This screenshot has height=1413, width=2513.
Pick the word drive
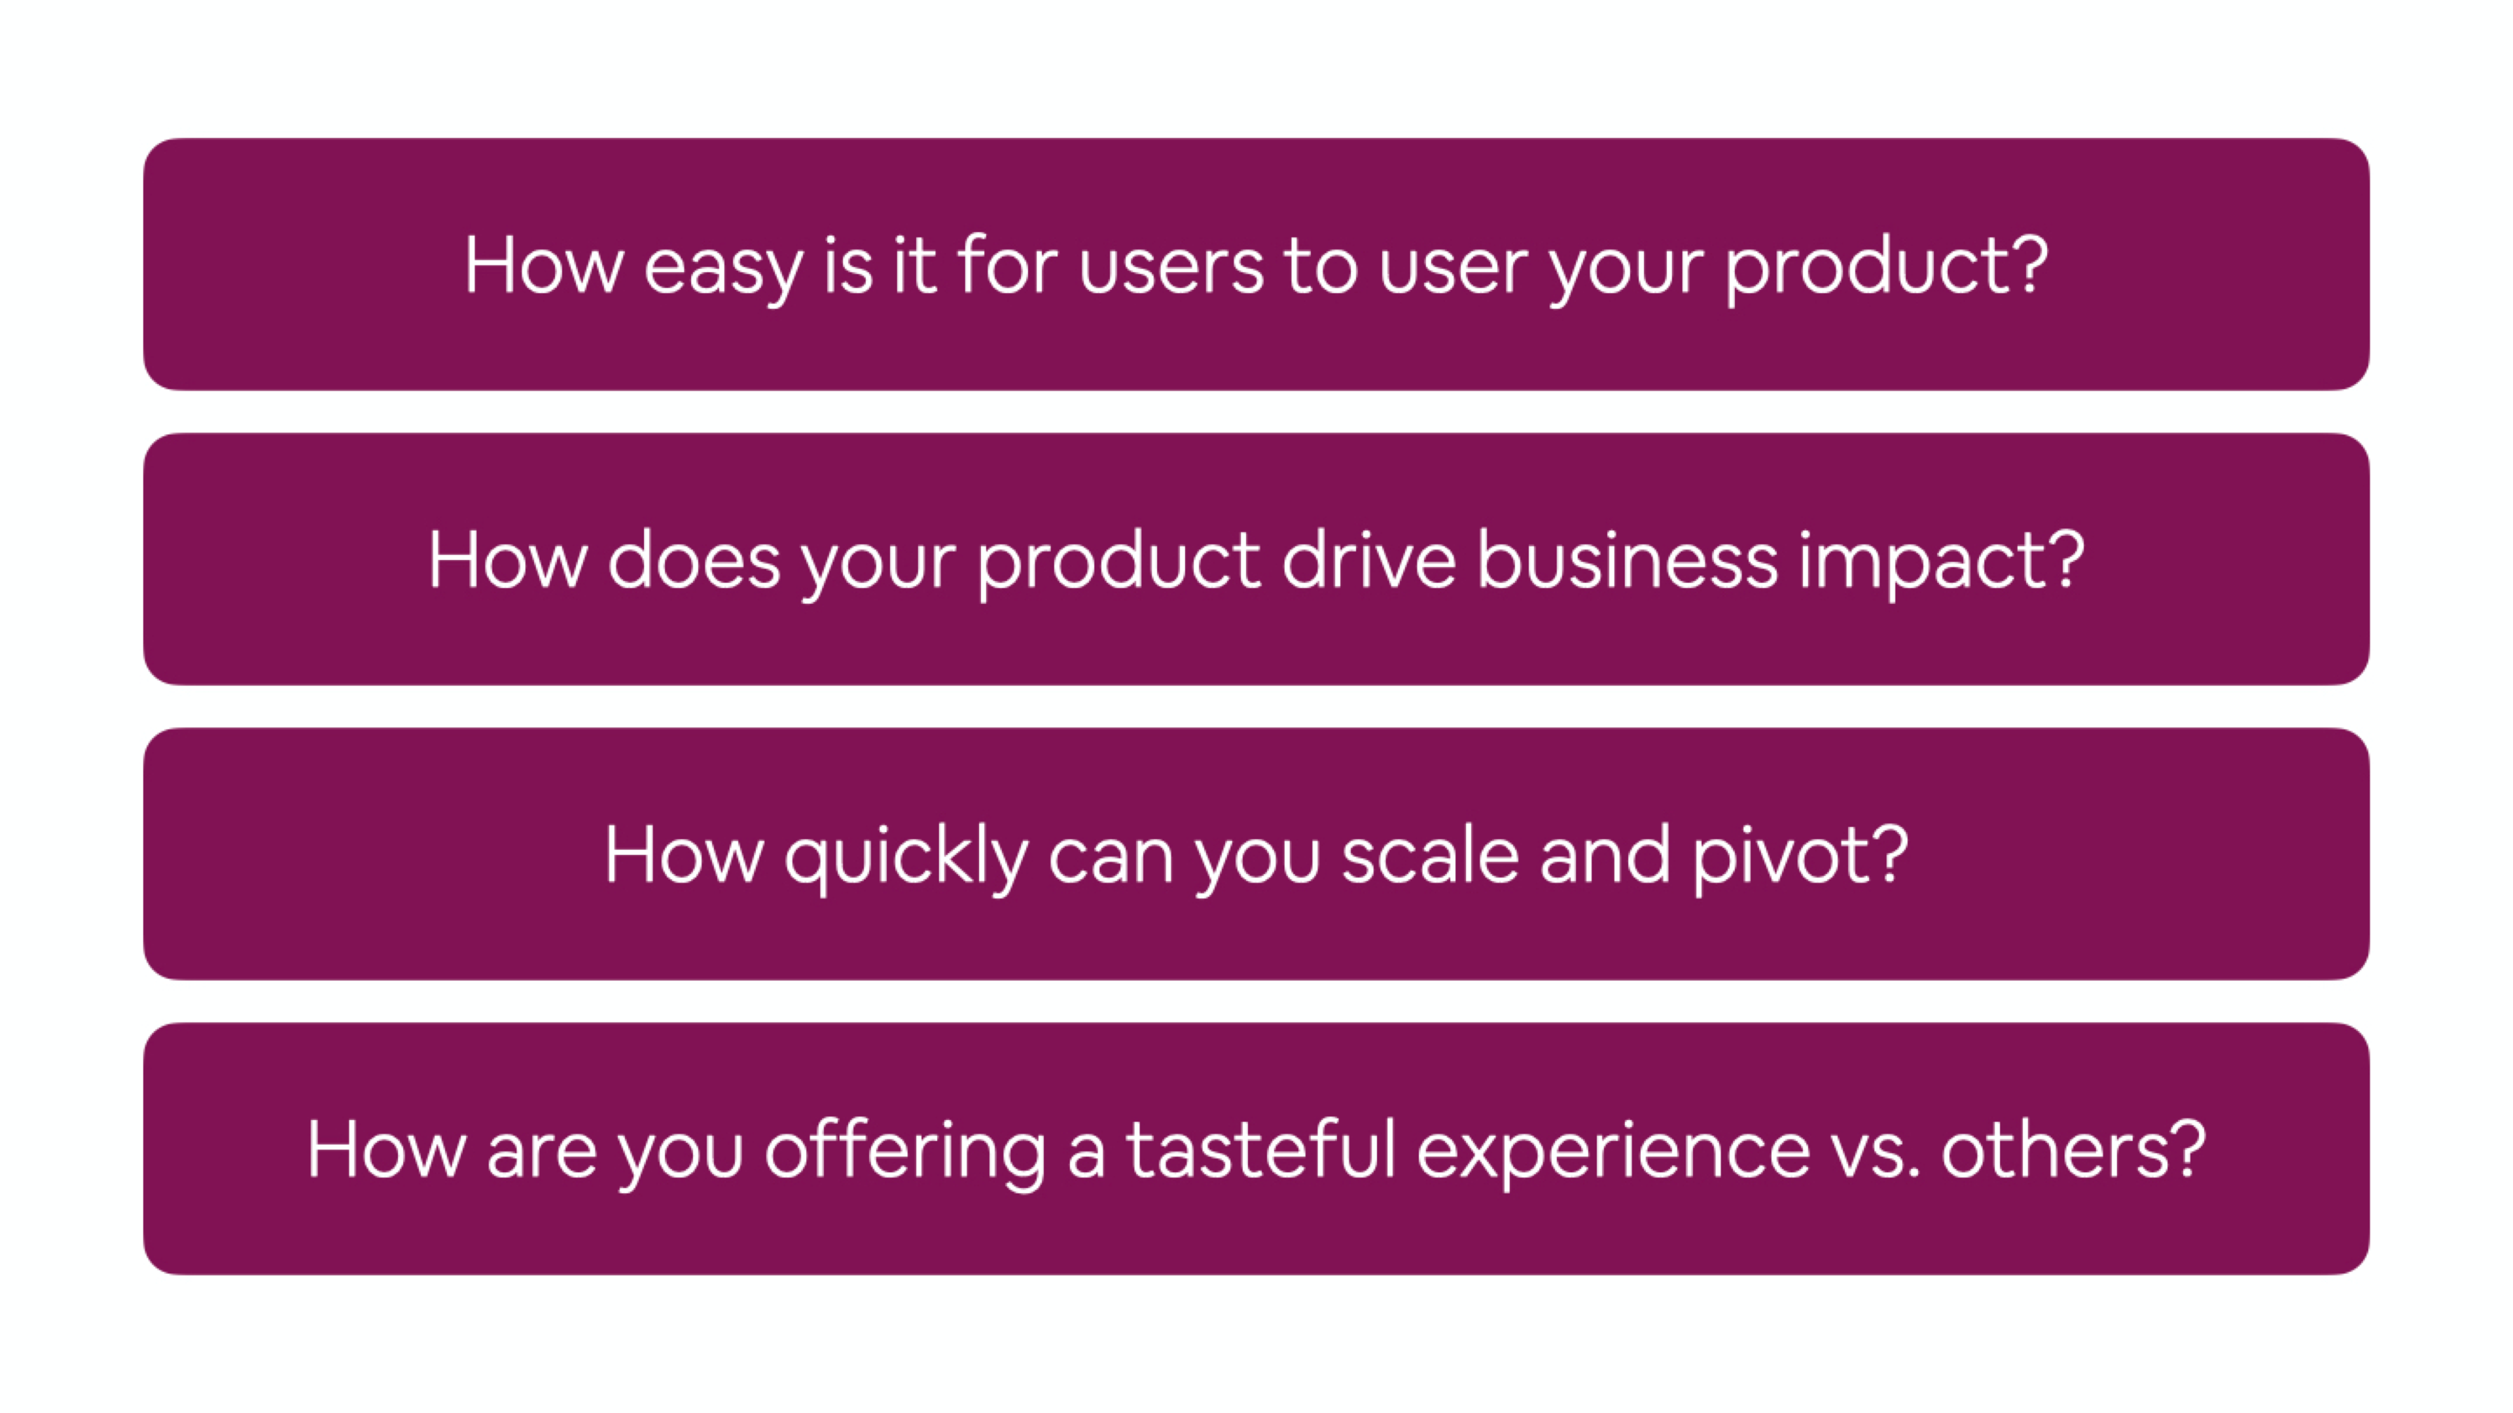[x=1368, y=560]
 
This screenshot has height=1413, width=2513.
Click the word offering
[x=905, y=1151]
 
